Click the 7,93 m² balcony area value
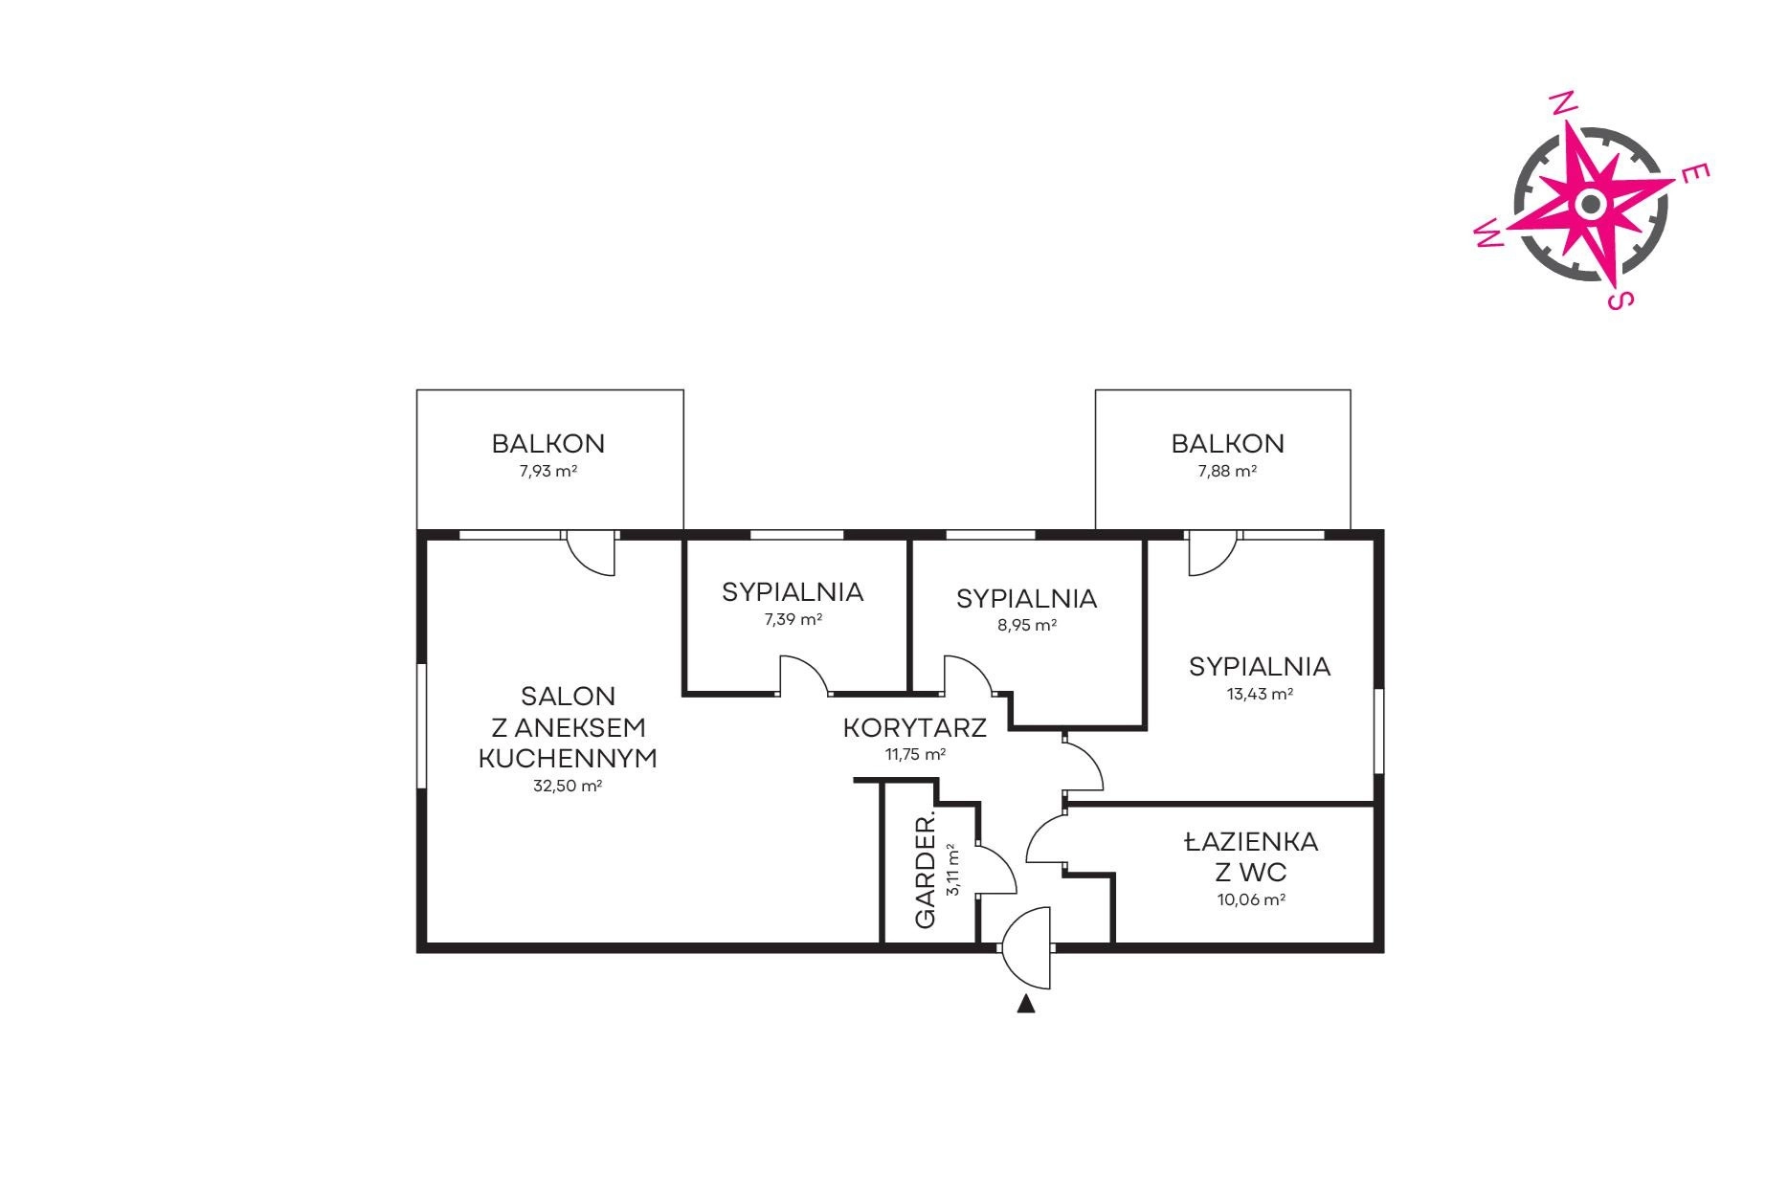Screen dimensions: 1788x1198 click(x=548, y=471)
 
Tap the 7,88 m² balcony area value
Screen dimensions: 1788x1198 click(x=1227, y=471)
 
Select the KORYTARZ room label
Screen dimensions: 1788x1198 click(x=914, y=727)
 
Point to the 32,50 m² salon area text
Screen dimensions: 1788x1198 click(x=567, y=787)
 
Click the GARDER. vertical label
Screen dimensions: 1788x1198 click(x=926, y=872)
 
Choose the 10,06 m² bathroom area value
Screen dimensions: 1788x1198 click(x=1251, y=899)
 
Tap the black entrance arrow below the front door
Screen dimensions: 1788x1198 click(x=1026, y=1004)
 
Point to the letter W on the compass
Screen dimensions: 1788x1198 click(x=1488, y=232)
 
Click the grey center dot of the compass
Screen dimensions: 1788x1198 click(x=1590, y=203)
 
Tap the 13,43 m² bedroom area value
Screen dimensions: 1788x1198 click(x=1260, y=694)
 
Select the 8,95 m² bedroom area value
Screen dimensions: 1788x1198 click(x=1026, y=625)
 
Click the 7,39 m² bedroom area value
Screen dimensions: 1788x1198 click(x=793, y=619)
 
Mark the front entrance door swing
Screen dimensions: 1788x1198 click(x=1026, y=947)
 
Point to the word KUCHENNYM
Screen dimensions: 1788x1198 click(x=568, y=759)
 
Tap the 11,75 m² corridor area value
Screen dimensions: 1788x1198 click(x=915, y=754)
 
